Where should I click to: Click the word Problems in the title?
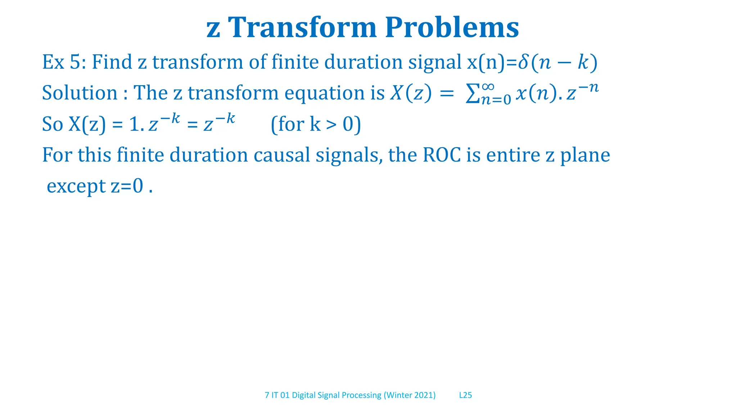(x=452, y=28)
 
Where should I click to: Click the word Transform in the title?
(x=302, y=27)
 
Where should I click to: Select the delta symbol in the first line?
(x=523, y=62)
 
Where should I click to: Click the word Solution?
(x=80, y=93)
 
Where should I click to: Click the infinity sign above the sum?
(x=488, y=86)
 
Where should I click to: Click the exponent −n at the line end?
(x=588, y=87)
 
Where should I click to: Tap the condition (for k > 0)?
(x=316, y=124)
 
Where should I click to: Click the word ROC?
(x=442, y=155)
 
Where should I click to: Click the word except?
(x=76, y=187)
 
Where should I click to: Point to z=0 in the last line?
(x=127, y=186)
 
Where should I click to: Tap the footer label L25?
(x=465, y=395)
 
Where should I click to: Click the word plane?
(x=585, y=155)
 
